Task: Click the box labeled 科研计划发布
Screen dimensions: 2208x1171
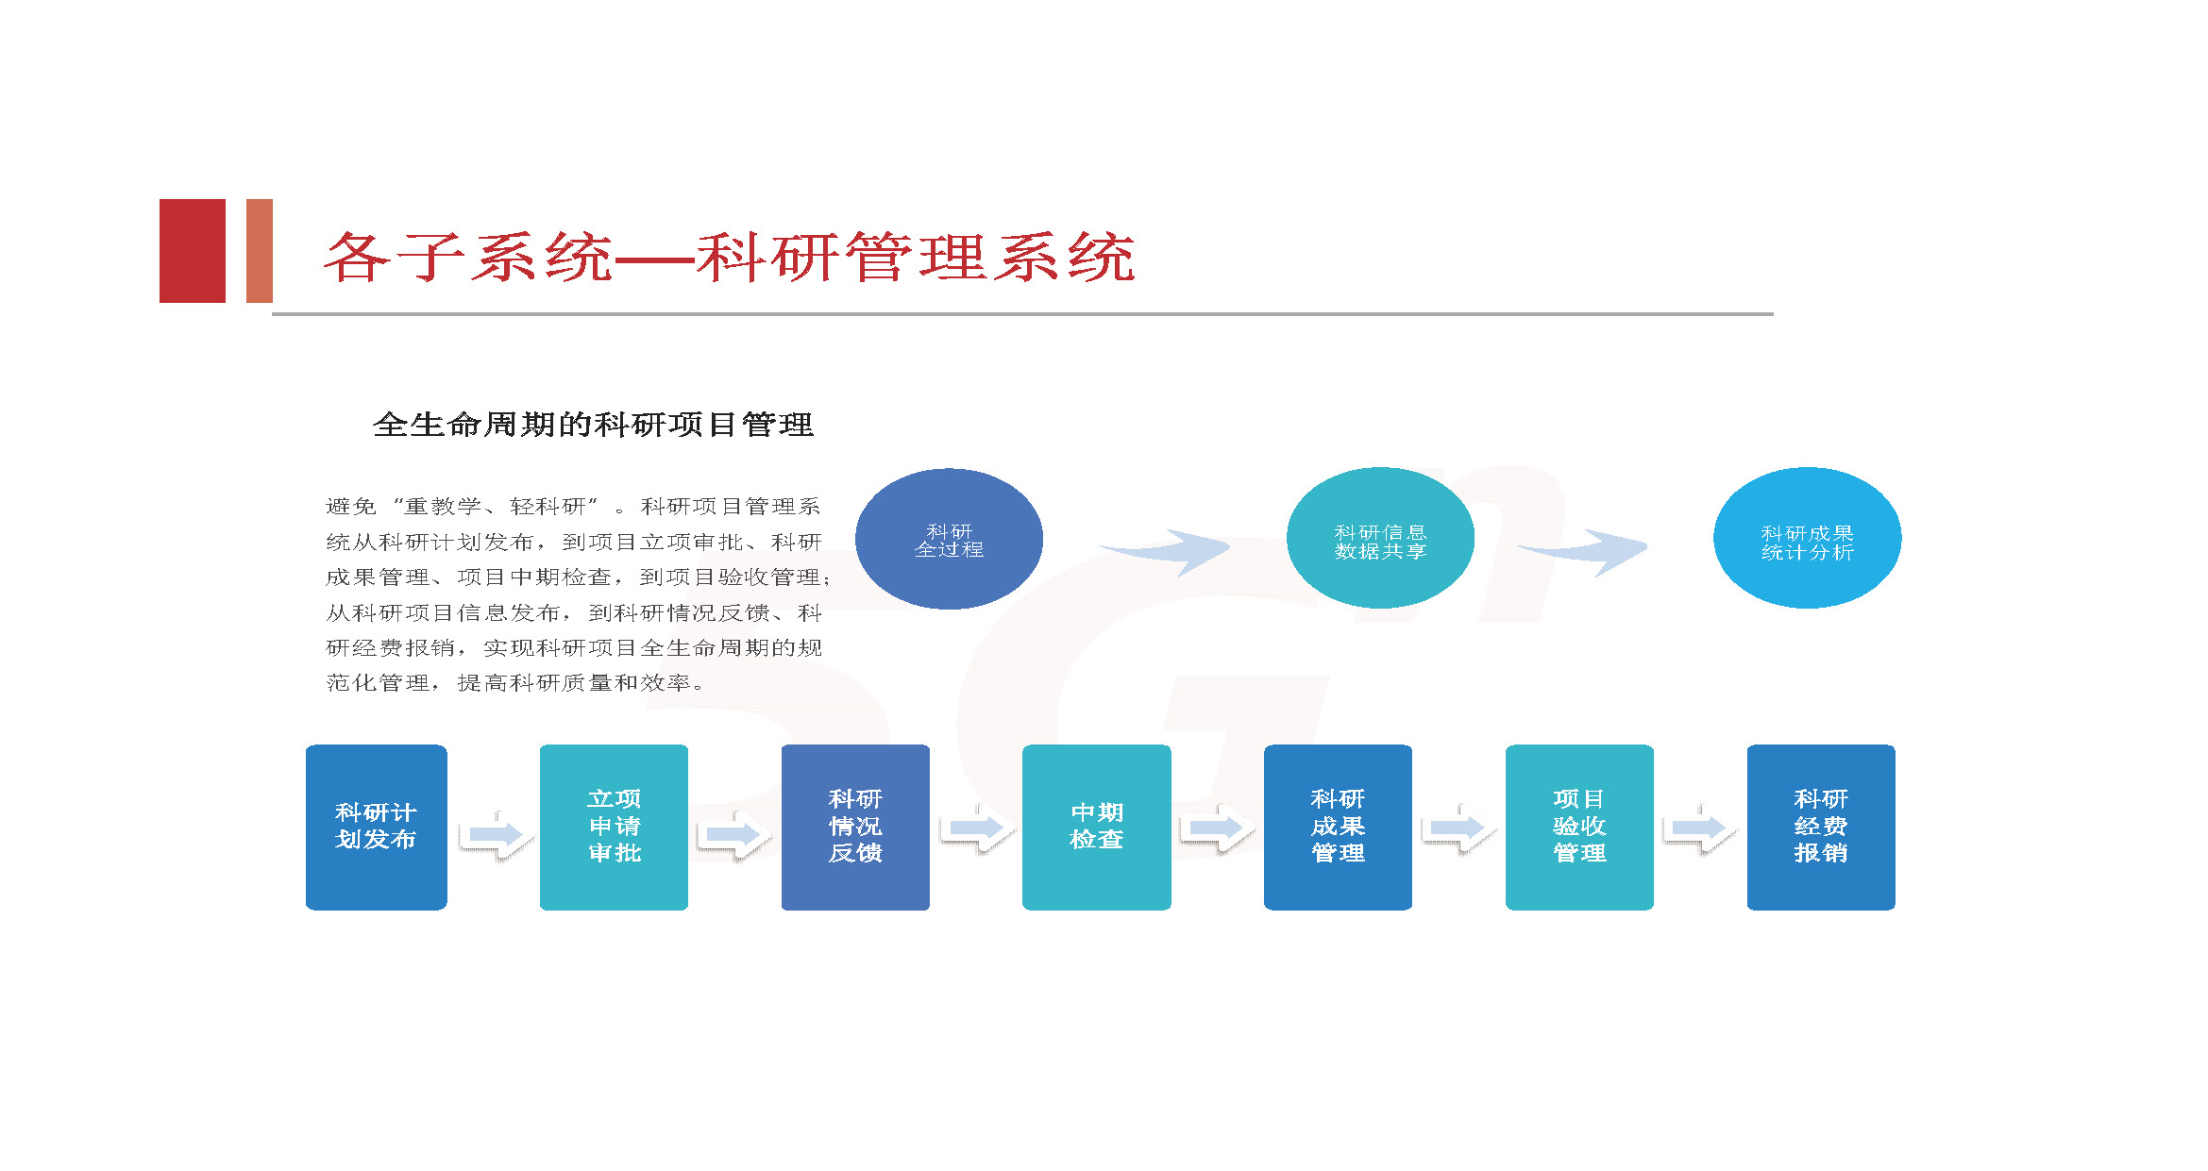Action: click(376, 827)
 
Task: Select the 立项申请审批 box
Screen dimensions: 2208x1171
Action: click(614, 827)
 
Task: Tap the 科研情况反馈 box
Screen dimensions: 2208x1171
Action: click(855, 827)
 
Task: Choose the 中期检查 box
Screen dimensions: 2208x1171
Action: click(1096, 827)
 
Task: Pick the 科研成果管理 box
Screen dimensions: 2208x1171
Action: click(1338, 827)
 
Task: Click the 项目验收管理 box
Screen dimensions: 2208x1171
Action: click(1579, 827)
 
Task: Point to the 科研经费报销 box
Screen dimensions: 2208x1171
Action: click(1821, 827)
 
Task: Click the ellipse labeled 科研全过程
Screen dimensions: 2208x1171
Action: click(949, 539)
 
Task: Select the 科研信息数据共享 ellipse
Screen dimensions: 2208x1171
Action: click(1380, 538)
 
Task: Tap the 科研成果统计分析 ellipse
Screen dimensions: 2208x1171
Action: click(1807, 538)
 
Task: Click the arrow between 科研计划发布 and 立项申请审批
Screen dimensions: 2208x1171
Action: click(494, 833)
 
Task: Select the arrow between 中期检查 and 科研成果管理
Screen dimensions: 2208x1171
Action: click(1216, 828)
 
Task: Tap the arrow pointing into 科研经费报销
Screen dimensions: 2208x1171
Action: click(1699, 828)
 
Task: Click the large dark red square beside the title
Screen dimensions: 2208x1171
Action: click(193, 251)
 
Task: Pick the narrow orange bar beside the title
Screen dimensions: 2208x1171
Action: click(260, 251)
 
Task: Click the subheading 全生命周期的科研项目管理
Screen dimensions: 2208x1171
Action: click(593, 425)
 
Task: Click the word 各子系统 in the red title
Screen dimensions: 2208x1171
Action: click(469, 257)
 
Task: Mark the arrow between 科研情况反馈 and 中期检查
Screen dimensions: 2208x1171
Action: click(976, 828)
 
